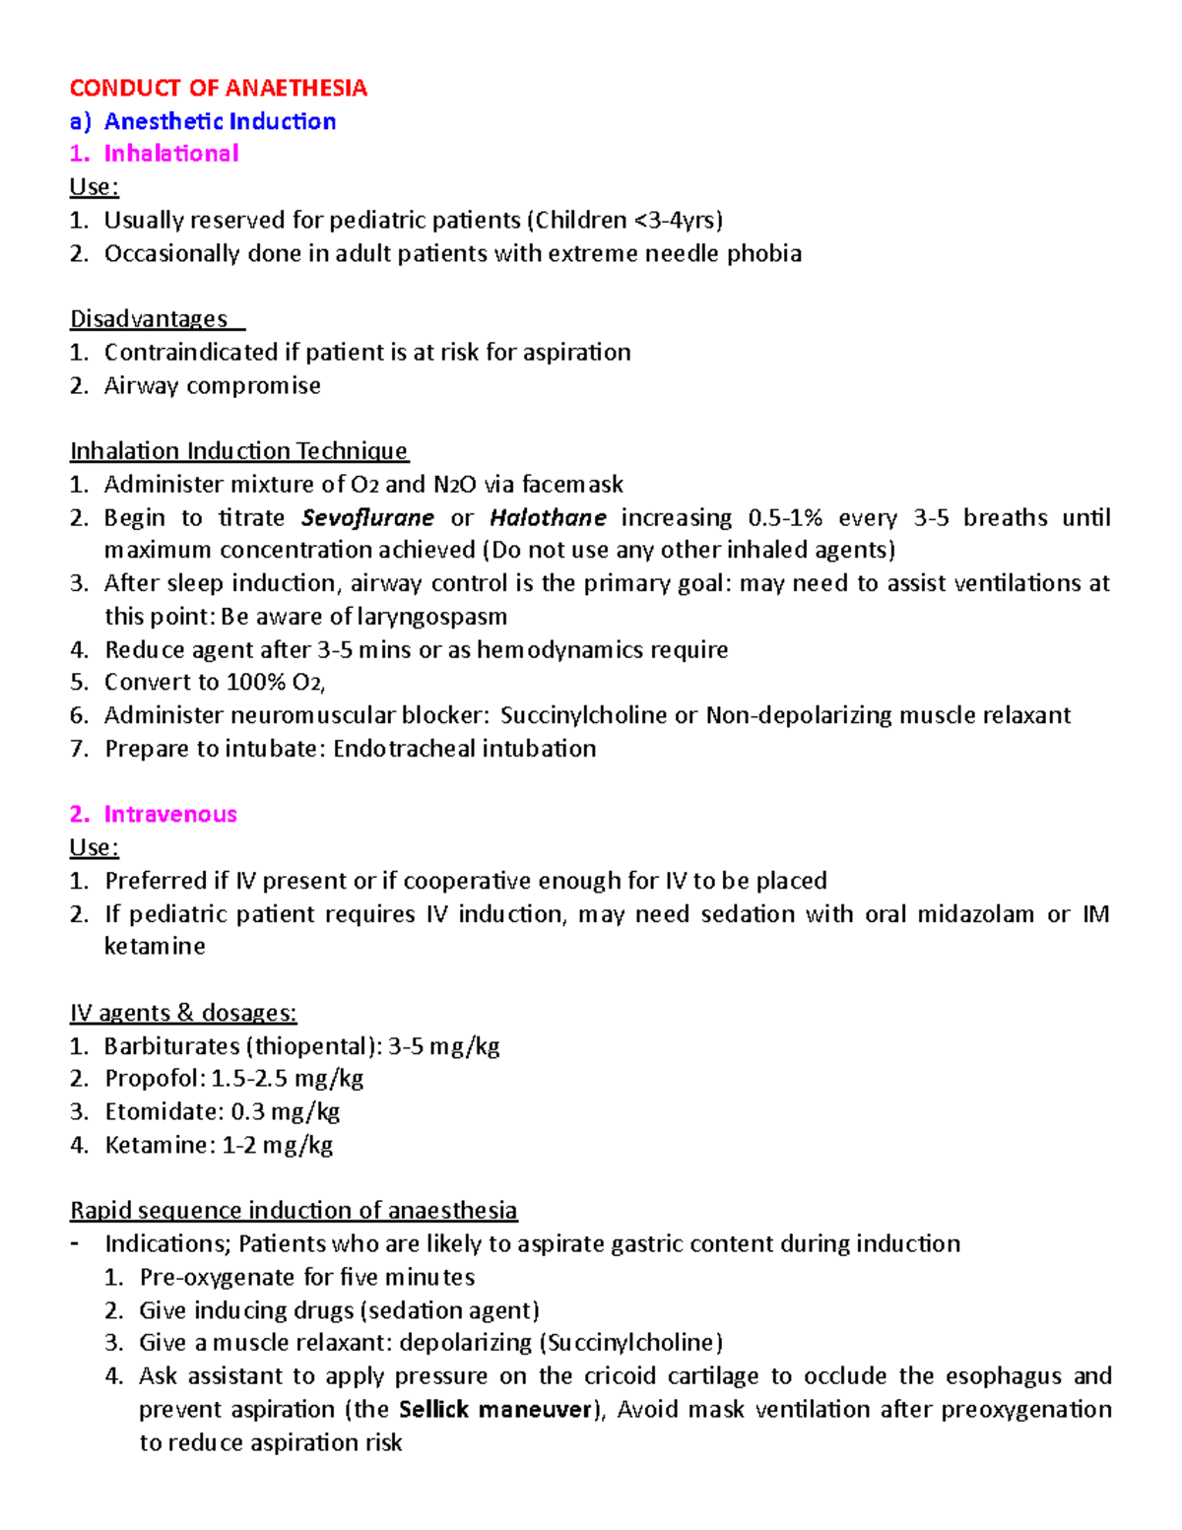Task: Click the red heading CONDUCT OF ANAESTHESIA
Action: pyautogui.click(x=218, y=88)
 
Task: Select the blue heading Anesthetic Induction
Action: pyautogui.click(x=220, y=121)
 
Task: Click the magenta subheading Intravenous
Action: pyautogui.click(x=170, y=814)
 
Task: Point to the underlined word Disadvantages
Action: pyautogui.click(x=149, y=319)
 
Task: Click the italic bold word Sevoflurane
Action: pyautogui.click(x=367, y=517)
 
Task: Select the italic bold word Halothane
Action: pyautogui.click(x=548, y=517)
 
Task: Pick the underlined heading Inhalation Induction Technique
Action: pyautogui.click(x=238, y=451)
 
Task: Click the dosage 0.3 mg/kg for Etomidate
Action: pyautogui.click(x=286, y=1112)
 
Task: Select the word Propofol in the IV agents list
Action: pyautogui.click(x=153, y=1079)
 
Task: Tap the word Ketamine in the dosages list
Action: pyautogui.click(x=159, y=1145)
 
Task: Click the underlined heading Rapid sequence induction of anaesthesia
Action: pyautogui.click(x=294, y=1211)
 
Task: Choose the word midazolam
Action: pyautogui.click(x=975, y=914)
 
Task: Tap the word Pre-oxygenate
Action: pyautogui.click(x=217, y=1278)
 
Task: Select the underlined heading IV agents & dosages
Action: pyautogui.click(x=183, y=1013)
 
